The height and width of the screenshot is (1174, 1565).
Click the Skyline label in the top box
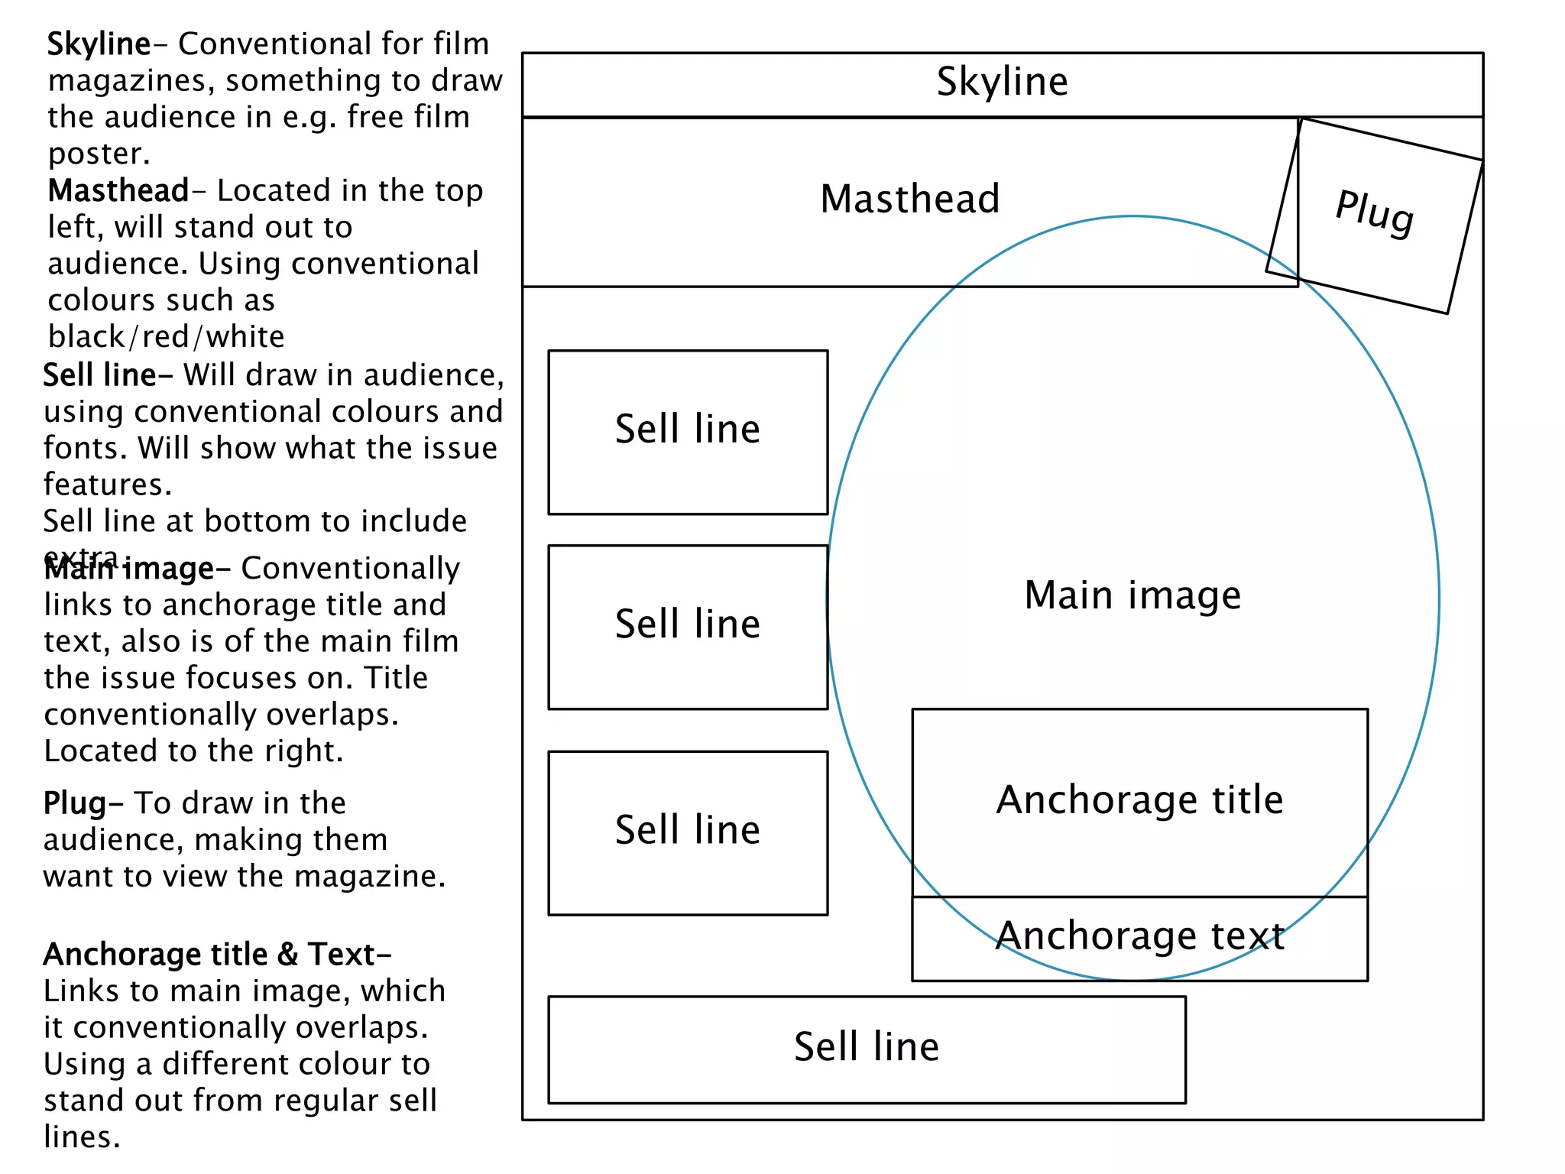tap(1002, 82)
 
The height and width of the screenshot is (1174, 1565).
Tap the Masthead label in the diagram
tap(909, 199)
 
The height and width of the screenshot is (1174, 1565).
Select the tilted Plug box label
tap(1374, 212)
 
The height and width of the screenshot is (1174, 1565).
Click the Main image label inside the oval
tap(1132, 595)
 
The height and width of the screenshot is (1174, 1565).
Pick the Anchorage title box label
tap(1139, 800)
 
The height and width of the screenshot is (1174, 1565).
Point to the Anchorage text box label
tap(1139, 936)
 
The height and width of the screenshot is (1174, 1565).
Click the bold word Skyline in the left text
tap(99, 44)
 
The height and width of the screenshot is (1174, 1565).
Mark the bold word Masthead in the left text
tap(118, 190)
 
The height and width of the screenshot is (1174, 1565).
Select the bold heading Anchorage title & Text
tap(217, 955)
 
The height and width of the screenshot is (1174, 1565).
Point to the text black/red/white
tap(166, 337)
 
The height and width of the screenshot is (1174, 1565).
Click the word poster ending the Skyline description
tap(99, 154)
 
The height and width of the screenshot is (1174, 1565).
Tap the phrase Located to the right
tap(193, 751)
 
